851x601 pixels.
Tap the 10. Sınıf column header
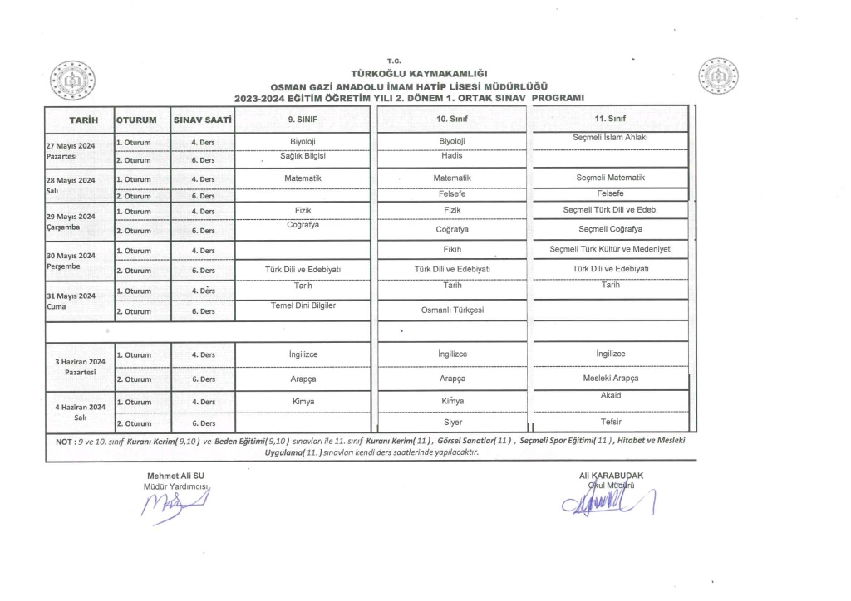click(452, 120)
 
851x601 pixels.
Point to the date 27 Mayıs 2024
click(71, 145)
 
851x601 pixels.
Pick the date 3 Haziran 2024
click(80, 362)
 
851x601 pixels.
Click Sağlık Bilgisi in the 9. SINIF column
click(303, 155)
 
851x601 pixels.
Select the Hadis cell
click(452, 155)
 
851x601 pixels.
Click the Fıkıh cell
click(452, 249)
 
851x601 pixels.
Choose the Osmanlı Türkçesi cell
click(452, 310)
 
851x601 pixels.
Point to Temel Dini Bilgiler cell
click(303, 305)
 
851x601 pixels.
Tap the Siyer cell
click(452, 423)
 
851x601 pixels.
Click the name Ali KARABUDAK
click(612, 475)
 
